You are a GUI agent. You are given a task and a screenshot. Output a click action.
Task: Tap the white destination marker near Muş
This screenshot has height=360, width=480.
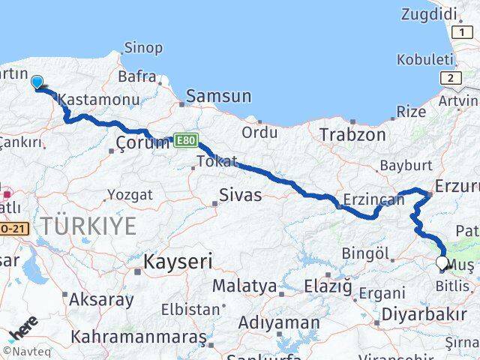click(x=442, y=263)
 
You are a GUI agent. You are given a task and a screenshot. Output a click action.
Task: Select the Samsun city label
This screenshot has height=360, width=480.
click(x=218, y=96)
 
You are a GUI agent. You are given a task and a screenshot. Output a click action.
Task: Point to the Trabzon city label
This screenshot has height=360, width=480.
click(x=352, y=135)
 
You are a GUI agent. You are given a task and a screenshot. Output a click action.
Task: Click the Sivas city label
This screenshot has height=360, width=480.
click(x=240, y=196)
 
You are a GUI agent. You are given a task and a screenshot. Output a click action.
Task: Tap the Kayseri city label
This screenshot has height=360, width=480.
click(x=178, y=262)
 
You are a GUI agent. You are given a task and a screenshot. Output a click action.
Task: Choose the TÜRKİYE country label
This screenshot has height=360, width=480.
click(x=88, y=225)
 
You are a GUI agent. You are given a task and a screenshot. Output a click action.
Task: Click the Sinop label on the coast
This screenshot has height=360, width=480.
click(x=142, y=48)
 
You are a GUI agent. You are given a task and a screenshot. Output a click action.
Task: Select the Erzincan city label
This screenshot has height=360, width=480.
click(x=368, y=200)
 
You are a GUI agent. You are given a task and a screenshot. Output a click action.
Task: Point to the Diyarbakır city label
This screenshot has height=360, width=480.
click(x=424, y=313)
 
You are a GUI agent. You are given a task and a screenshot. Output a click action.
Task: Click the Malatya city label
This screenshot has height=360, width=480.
click(x=244, y=286)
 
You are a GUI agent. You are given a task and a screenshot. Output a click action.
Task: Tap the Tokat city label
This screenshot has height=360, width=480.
click(x=217, y=160)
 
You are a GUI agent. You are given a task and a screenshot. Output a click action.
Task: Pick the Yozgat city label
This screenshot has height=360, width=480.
click(x=129, y=195)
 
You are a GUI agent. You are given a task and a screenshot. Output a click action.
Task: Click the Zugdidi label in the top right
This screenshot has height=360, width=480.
click(x=428, y=13)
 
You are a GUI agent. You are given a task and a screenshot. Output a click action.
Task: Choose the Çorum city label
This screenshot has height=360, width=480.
click(x=142, y=143)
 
